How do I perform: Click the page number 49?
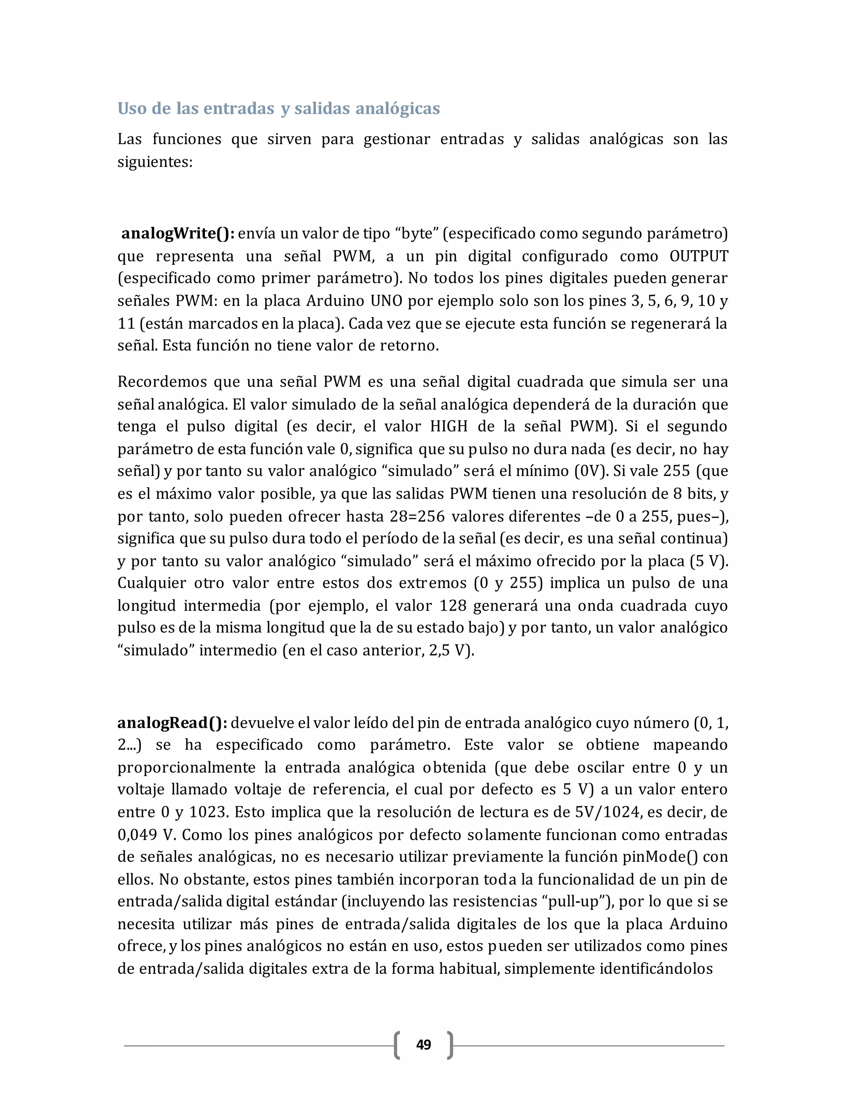pyautogui.click(x=423, y=1044)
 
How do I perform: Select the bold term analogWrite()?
pyautogui.click(x=178, y=233)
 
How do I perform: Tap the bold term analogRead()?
pyautogui.click(x=172, y=723)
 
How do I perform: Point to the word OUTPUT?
pyautogui.click(x=699, y=256)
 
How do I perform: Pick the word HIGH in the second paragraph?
pyautogui.click(x=449, y=426)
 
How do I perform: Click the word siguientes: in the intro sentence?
pyautogui.click(x=155, y=162)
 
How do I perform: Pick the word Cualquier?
pyautogui.click(x=152, y=583)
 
